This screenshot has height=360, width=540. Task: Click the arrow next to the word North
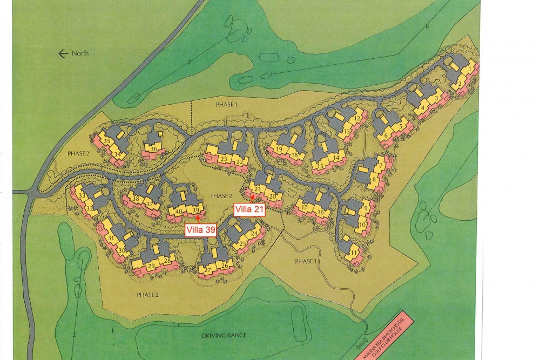63,53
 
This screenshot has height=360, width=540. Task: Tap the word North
80,53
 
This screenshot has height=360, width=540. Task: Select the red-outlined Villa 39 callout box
201,230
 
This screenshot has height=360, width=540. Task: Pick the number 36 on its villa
154,149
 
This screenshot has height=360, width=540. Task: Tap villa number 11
354,252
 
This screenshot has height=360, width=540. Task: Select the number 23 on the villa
223,159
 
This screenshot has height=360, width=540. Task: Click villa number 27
208,270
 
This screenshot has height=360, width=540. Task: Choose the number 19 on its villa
279,149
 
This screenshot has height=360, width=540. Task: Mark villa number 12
357,119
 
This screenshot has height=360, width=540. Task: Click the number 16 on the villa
320,213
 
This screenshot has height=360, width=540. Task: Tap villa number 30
122,250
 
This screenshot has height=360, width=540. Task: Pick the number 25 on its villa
243,244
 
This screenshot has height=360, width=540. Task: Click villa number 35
106,141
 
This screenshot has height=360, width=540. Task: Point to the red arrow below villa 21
252,198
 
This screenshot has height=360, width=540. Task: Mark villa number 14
336,158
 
